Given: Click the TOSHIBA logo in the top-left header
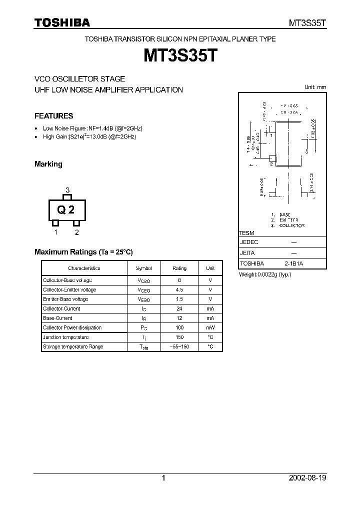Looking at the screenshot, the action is [x=61, y=22].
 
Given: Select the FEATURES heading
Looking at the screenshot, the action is [x=53, y=116].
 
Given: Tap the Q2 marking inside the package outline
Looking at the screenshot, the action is [x=66, y=210].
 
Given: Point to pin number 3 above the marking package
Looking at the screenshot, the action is [x=67, y=190].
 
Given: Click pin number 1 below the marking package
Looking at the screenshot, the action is [x=56, y=232].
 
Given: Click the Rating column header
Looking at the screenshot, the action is [x=179, y=268].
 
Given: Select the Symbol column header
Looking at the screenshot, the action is [x=143, y=268].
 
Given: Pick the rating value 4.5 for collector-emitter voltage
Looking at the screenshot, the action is [x=179, y=290].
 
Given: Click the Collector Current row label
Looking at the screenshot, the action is [x=61, y=309].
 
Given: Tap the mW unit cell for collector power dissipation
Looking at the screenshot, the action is [x=210, y=328].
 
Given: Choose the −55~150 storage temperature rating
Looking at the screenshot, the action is [x=179, y=347].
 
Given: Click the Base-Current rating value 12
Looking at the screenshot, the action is [x=179, y=318].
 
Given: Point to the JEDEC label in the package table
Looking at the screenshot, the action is [x=249, y=242].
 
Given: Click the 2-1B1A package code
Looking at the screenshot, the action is [x=294, y=263].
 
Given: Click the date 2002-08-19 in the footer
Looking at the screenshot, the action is [x=307, y=478].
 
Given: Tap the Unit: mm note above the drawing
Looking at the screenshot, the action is [x=315, y=87].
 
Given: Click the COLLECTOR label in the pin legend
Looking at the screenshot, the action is [x=292, y=225].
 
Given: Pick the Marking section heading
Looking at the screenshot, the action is [x=48, y=164].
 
